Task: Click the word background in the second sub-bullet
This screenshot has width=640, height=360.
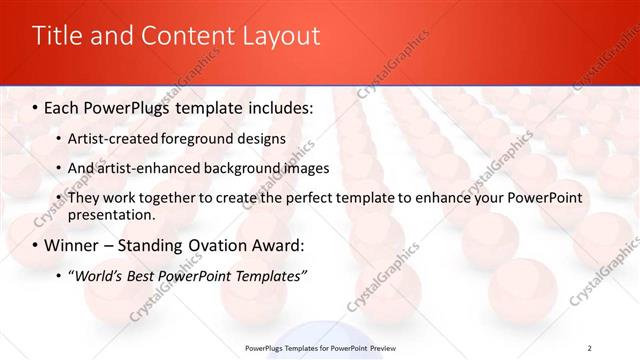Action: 231,168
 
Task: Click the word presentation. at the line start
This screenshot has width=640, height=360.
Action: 111,214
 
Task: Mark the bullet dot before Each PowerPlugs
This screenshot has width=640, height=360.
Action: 36,107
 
